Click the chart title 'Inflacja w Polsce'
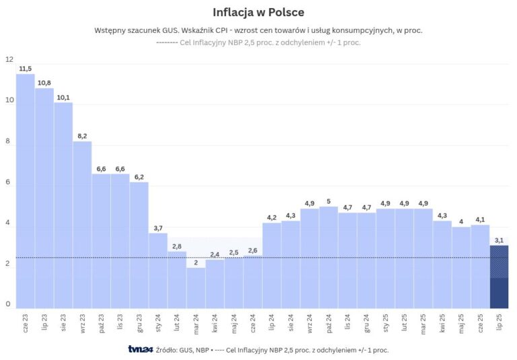(x=258, y=13)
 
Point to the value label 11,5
(x=26, y=69)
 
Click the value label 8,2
(x=82, y=136)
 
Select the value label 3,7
(x=158, y=228)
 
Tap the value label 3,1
(x=499, y=240)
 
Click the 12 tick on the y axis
(x=9, y=60)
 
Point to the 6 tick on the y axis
(x=9, y=182)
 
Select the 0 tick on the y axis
(x=9, y=304)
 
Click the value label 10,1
(x=63, y=98)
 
